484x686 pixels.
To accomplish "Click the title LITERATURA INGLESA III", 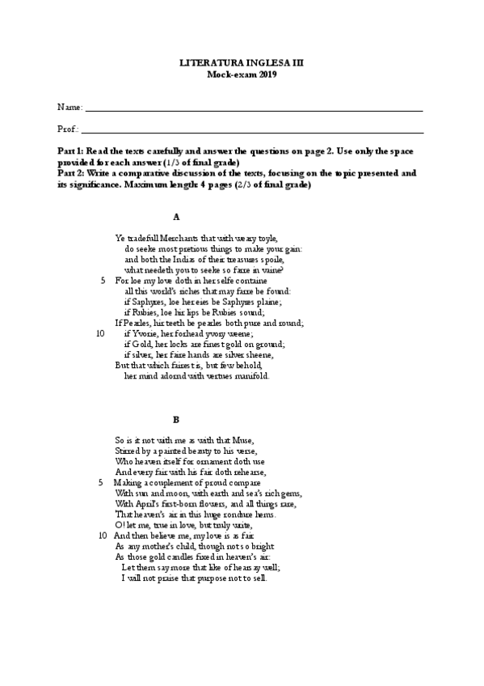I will (241, 62).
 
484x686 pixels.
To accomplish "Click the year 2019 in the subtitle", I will (267, 74).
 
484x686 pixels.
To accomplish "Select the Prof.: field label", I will (69, 129).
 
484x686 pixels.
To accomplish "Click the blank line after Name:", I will (254, 109).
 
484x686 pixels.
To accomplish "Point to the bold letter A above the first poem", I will (176, 217).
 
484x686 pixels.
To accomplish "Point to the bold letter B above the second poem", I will (176, 419).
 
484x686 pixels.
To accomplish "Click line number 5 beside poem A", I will (103, 281).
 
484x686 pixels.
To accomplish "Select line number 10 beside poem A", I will (100, 333).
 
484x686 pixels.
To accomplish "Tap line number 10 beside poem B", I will (103, 536).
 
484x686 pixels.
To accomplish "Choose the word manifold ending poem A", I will (252, 376).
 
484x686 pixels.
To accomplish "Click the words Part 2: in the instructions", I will (71, 173).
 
